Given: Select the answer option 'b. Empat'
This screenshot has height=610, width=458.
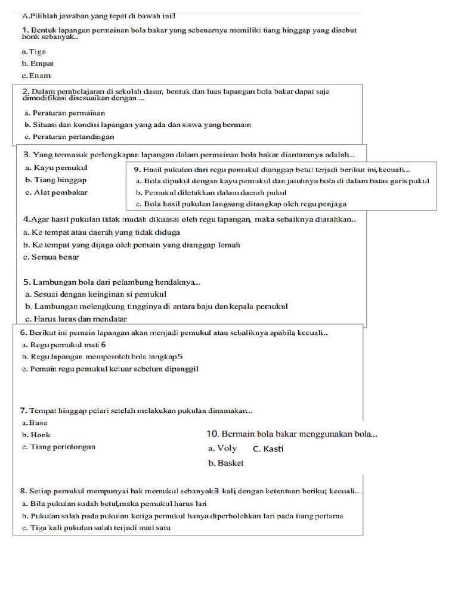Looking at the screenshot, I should coord(38,63).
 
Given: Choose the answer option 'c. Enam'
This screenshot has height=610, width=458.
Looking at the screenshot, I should coord(36,76).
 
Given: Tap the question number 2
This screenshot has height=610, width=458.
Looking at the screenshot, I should coord(26,92).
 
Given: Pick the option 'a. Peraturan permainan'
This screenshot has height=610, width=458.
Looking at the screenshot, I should coord(65,113).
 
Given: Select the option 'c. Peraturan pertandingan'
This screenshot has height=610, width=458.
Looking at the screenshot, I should coord(69,137).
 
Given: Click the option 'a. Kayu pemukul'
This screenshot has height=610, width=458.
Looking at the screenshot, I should coord(56,167).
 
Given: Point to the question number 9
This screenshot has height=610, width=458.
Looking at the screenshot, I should coord(137,169).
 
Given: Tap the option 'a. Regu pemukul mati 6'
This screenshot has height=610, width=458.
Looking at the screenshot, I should coord(64,344).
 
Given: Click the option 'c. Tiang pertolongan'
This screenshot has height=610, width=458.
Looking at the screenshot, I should coord(58,447).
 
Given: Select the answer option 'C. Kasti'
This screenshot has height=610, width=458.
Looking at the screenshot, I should coord(268,449).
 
